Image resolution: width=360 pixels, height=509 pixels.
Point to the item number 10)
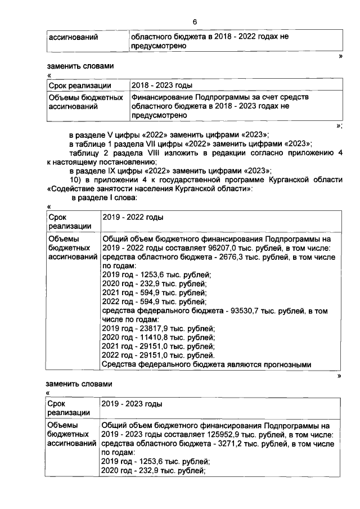pyautogui.click(x=76, y=180)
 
